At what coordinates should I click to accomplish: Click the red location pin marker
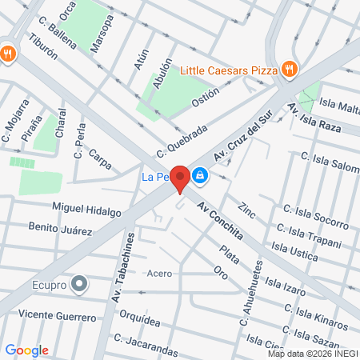tap(181, 178)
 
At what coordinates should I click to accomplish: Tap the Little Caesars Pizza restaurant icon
tap(290, 70)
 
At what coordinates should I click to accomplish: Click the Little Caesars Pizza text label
tap(229, 70)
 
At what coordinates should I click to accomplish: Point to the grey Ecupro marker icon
tap(79, 283)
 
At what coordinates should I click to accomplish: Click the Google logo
tap(26, 350)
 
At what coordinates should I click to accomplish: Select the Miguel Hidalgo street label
tap(86, 210)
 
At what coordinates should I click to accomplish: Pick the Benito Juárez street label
tap(60, 230)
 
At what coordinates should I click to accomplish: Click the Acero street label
tap(159, 274)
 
